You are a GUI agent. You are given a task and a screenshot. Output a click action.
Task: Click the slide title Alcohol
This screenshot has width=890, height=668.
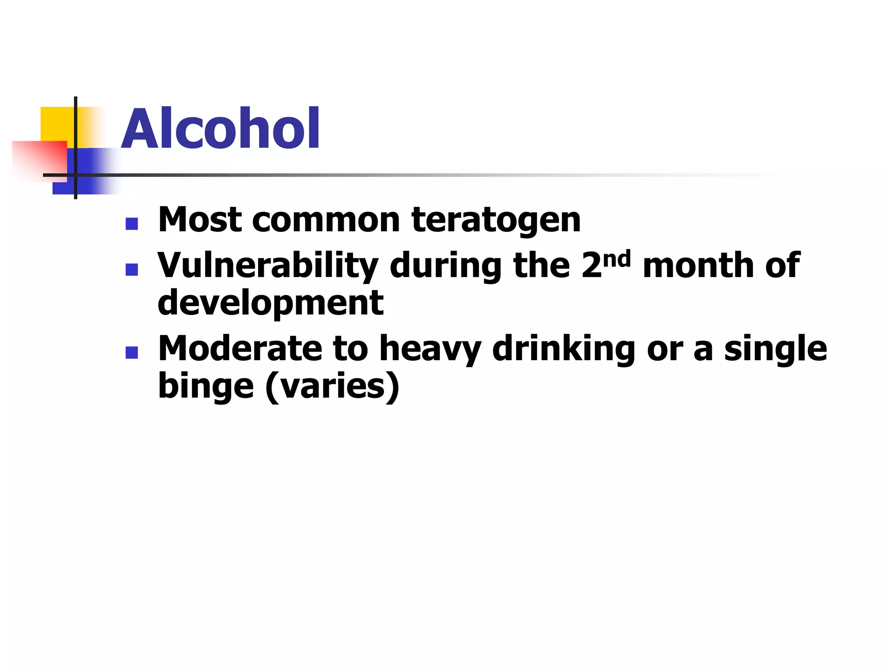click(x=221, y=129)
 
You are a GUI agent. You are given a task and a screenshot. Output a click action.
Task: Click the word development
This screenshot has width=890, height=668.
click(x=270, y=303)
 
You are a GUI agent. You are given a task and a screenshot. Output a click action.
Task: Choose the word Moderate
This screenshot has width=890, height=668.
click(x=239, y=348)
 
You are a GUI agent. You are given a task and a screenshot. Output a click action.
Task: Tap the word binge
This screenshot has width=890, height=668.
click(x=206, y=386)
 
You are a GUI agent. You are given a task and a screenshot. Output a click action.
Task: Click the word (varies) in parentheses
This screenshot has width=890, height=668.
click(x=332, y=387)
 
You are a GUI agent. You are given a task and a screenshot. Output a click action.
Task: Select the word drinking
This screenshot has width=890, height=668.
click(x=564, y=349)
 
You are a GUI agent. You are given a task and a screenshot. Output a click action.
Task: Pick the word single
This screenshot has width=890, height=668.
click(x=775, y=349)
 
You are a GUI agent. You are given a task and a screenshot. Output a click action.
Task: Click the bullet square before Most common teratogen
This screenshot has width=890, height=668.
click(x=131, y=224)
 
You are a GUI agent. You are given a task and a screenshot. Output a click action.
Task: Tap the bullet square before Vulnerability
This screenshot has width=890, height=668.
click(x=131, y=270)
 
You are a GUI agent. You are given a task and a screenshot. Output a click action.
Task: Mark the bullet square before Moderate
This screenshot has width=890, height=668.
click(x=131, y=353)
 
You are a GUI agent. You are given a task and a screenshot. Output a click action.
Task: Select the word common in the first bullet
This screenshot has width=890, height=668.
click(x=326, y=220)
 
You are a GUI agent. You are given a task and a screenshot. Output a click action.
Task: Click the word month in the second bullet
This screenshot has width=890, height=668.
click(x=698, y=265)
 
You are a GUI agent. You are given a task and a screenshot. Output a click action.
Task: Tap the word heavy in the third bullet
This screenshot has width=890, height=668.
click(x=430, y=349)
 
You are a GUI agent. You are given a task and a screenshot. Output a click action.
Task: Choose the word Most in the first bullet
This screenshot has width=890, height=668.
click(x=200, y=220)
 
